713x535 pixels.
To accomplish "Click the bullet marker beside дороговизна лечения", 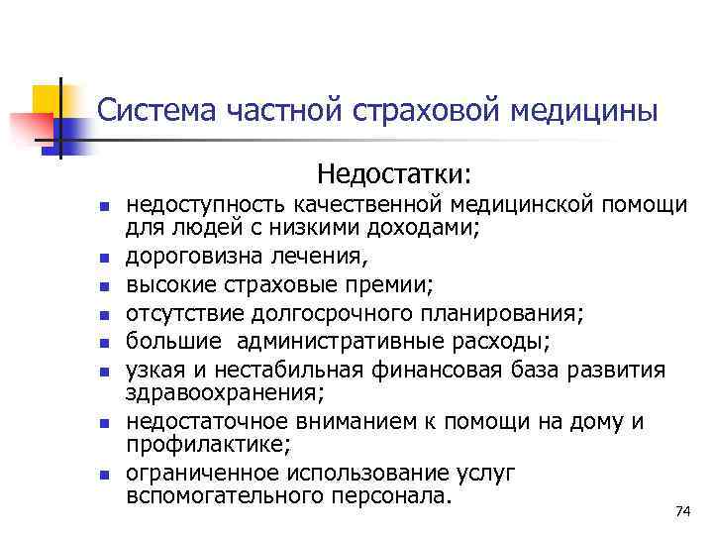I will [x=102, y=261].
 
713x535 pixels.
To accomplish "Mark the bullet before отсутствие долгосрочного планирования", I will [x=102, y=316].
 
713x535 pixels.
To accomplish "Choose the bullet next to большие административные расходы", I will [x=102, y=344].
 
